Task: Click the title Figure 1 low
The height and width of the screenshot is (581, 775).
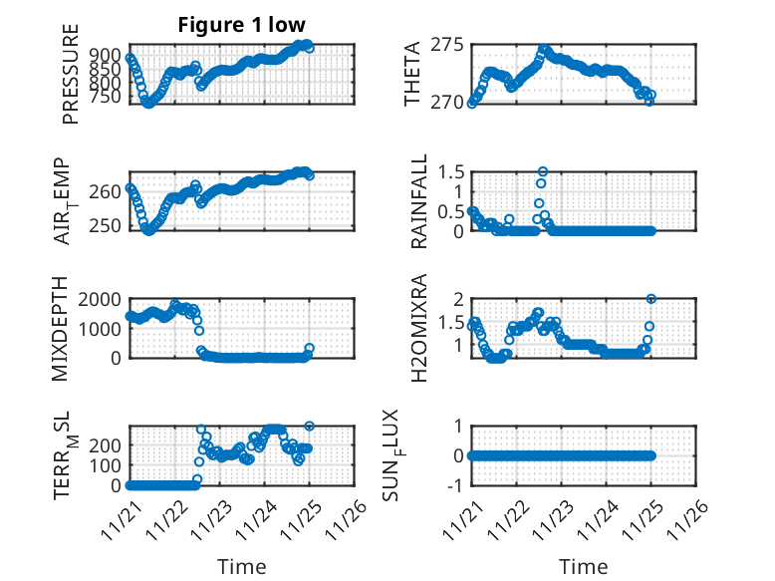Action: click(x=241, y=25)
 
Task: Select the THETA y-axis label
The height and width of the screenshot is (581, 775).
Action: click(x=411, y=74)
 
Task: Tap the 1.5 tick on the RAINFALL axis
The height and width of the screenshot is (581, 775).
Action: click(x=451, y=171)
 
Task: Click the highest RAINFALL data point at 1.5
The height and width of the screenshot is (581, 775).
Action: click(x=543, y=171)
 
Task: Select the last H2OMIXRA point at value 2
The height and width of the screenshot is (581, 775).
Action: click(x=651, y=299)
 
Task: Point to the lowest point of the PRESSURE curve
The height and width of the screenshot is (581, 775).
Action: click(x=148, y=102)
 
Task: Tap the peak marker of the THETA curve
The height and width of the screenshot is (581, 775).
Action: click(x=544, y=49)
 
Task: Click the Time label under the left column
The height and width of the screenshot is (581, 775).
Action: click(x=241, y=566)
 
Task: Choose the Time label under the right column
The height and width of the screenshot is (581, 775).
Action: click(x=584, y=566)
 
